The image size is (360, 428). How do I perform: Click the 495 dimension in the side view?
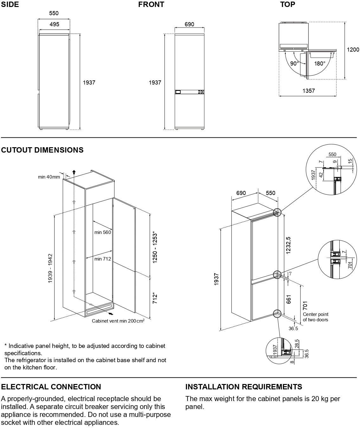54,24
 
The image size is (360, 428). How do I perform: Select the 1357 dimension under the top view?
308,91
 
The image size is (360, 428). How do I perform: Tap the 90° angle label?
294,63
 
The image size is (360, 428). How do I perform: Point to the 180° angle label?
320,63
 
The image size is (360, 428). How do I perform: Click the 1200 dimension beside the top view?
353,50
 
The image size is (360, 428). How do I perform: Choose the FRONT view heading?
151,4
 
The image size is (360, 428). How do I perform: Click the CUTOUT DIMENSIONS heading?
42,150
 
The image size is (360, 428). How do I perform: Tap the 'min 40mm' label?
49,177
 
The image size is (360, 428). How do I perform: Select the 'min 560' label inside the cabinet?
103,232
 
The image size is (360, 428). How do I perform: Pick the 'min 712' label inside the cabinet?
103,259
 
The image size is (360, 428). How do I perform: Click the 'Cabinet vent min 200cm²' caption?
118,321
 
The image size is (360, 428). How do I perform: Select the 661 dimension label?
289,299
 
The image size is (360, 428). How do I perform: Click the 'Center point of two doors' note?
316,317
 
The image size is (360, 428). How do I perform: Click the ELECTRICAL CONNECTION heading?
51,387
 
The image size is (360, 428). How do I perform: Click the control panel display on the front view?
178,92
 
